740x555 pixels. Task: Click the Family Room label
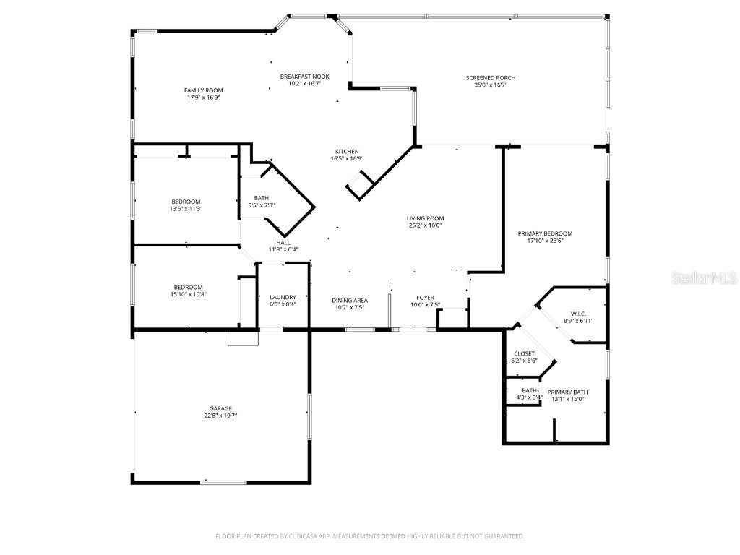(202, 90)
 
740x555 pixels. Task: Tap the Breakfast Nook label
(304, 77)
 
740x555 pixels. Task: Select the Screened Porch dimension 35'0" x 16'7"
(491, 85)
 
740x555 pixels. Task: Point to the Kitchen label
(346, 152)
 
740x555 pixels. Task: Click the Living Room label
(425, 218)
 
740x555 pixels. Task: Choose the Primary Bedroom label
(545, 233)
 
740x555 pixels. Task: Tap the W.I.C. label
(577, 314)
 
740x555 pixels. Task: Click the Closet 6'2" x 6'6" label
(524, 354)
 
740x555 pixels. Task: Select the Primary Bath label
(567, 392)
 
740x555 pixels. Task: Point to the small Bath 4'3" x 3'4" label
(530, 390)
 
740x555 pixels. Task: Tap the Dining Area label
(350, 301)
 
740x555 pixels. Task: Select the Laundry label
(283, 297)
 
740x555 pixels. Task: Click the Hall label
(283, 243)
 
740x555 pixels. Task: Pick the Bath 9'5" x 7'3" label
(261, 198)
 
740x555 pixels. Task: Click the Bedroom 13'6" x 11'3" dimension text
(186, 209)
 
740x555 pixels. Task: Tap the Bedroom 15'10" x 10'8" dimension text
(186, 294)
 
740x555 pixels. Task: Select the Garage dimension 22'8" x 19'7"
(220, 416)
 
